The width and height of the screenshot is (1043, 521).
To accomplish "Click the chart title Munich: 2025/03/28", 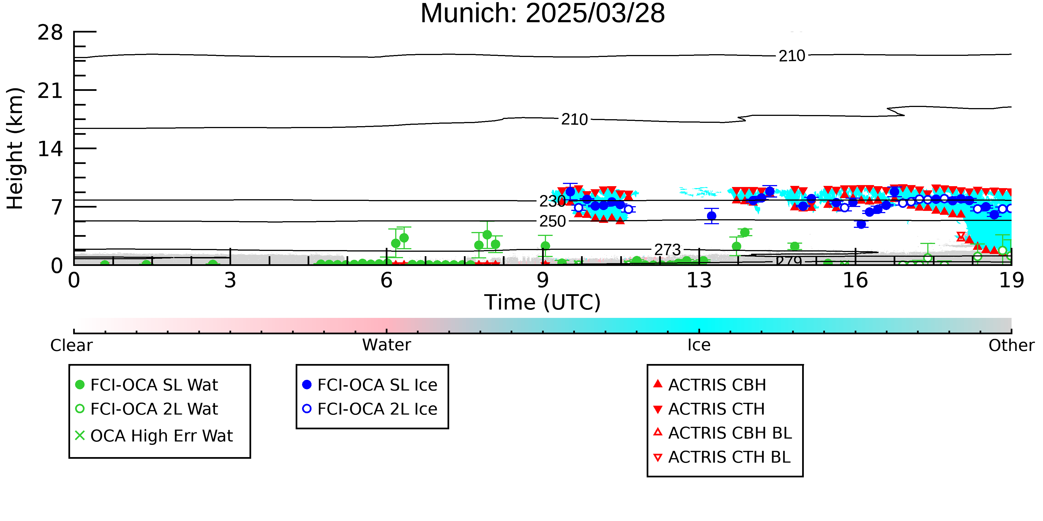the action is click(543, 13).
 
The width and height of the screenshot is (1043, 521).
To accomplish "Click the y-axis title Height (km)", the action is click(15, 148).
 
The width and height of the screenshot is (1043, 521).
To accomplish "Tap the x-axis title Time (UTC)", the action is click(543, 303).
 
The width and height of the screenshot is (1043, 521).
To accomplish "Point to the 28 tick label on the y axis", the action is click(50, 32).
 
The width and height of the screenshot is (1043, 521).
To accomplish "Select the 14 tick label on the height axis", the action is click(50, 149).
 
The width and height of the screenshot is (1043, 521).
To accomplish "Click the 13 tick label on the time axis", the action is click(699, 280).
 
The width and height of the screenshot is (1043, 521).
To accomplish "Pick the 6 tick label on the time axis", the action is click(387, 280).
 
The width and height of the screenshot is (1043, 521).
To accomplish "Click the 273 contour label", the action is click(668, 250).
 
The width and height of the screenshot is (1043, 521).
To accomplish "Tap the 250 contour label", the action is click(553, 221).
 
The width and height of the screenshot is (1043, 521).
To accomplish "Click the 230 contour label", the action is click(553, 201).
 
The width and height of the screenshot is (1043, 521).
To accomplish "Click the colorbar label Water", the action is click(387, 345).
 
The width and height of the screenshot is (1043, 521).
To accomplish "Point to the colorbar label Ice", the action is click(699, 345).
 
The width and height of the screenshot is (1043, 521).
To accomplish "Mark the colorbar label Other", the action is click(1011, 345).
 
